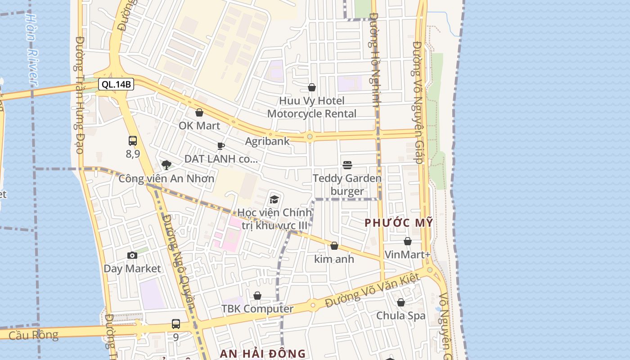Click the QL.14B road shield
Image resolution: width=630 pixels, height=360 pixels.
pyautogui.click(x=116, y=84)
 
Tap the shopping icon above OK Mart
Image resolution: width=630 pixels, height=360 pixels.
pyautogui.click(x=199, y=112)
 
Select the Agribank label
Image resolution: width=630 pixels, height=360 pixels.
pyautogui.click(x=267, y=141)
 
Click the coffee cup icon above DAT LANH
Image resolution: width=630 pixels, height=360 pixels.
pyautogui.click(x=220, y=146)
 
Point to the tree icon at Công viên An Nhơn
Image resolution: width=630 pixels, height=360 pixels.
pyautogui.click(x=166, y=165)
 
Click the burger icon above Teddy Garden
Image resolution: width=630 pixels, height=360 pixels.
pyautogui.click(x=347, y=165)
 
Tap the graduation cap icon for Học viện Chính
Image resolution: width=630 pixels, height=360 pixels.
pyautogui.click(x=274, y=199)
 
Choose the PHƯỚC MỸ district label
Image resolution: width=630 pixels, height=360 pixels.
pyautogui.click(x=399, y=222)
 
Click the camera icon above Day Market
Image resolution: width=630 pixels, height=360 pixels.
pyautogui.click(x=132, y=256)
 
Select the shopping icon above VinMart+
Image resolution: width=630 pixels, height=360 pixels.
pyautogui.click(x=408, y=242)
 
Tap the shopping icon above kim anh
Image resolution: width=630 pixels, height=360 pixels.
pyautogui.click(x=334, y=246)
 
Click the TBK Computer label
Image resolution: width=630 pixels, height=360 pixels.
pyautogui.click(x=257, y=309)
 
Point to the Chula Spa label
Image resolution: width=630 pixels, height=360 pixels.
pyautogui.click(x=400, y=315)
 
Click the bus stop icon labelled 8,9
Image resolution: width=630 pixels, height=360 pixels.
pyautogui.click(x=133, y=141)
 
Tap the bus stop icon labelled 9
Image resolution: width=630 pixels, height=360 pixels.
pyautogui.click(x=176, y=324)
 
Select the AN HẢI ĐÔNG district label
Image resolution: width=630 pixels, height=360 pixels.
pyautogui.click(x=263, y=354)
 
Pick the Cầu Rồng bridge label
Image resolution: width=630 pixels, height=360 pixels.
pyautogui.click(x=33, y=335)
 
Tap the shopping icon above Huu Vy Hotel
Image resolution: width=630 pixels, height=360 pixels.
pyautogui.click(x=312, y=87)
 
